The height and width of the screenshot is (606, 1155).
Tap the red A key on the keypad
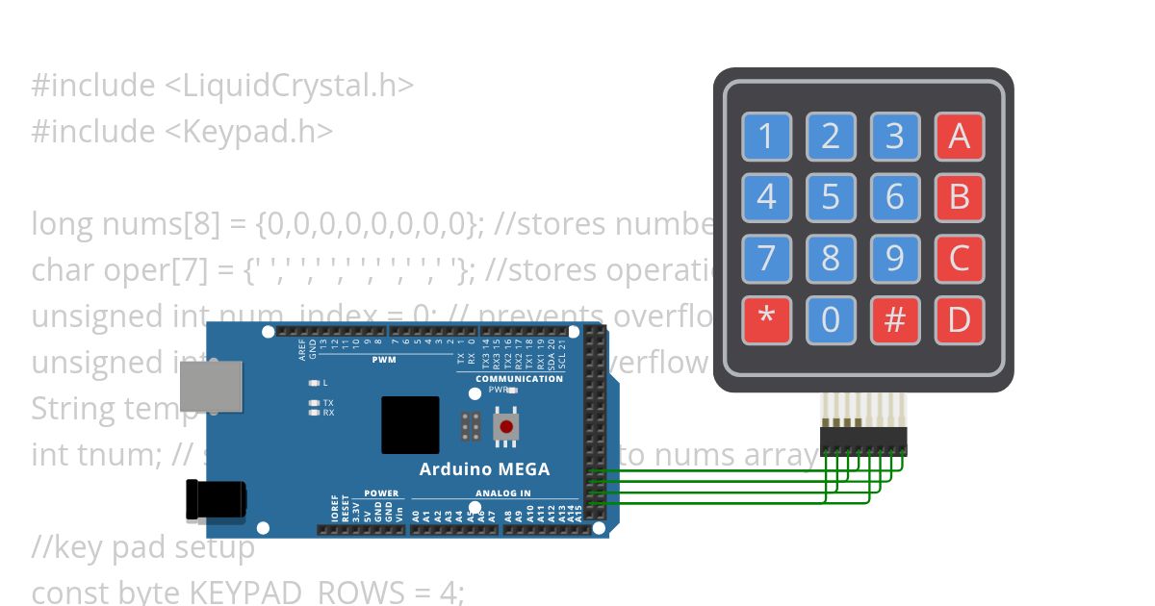[x=959, y=137]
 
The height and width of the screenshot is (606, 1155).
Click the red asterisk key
[x=766, y=319]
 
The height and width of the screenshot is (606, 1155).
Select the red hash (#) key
[x=894, y=319]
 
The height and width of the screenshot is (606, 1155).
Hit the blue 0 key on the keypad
[x=831, y=319]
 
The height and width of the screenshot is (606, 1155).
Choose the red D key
[x=959, y=319]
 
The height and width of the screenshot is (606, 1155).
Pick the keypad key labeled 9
[x=894, y=259]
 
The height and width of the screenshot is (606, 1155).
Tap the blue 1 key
[x=766, y=137]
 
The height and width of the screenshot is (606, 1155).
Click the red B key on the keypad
[x=959, y=197]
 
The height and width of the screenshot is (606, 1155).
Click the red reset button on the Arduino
[x=505, y=425]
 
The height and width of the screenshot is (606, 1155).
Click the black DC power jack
[x=215, y=500]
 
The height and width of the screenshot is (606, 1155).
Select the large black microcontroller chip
[x=410, y=424]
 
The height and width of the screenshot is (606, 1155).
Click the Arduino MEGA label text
[x=484, y=469]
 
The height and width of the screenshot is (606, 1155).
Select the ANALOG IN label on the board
[x=502, y=493]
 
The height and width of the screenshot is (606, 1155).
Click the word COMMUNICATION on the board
[x=519, y=378]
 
